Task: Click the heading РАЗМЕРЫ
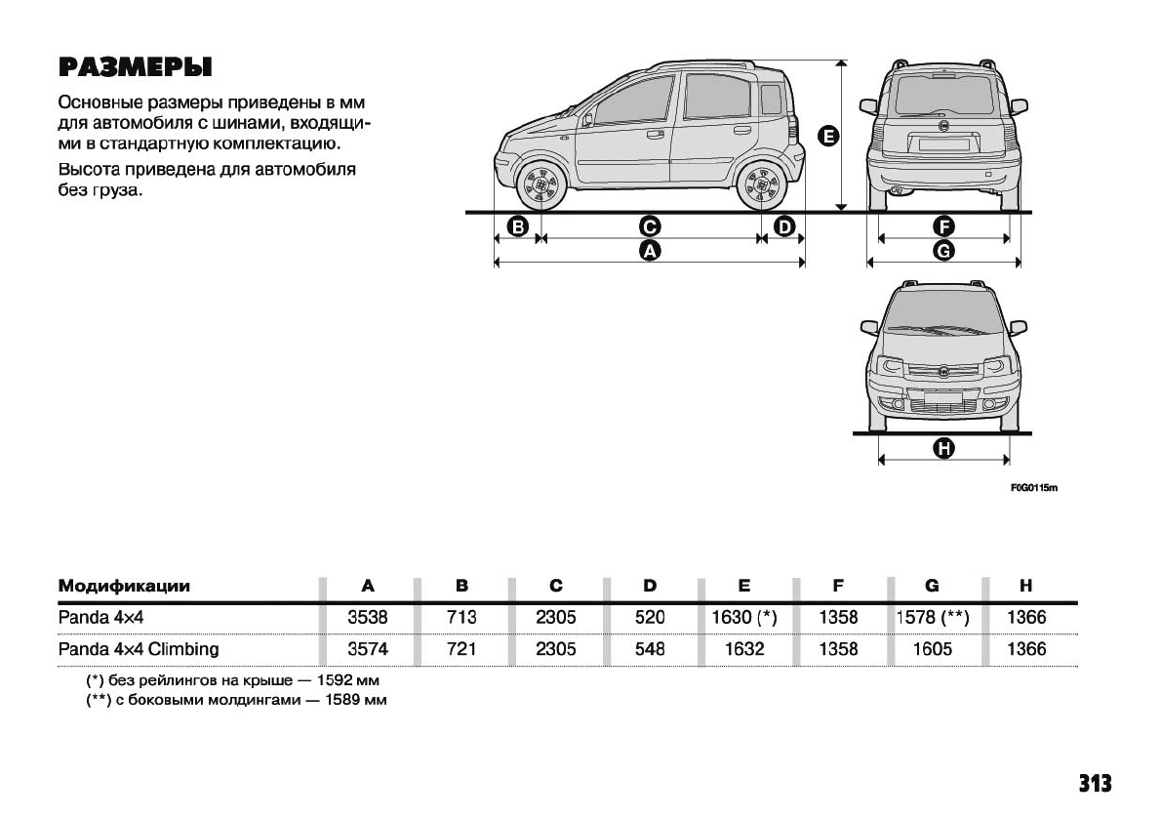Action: pos(136,67)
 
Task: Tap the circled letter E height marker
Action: pos(828,137)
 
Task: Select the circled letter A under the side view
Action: pos(649,251)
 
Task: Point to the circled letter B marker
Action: pos(518,227)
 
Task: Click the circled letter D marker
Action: pos(783,227)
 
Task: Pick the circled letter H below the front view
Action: pos(943,449)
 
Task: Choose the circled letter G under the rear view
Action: pos(943,251)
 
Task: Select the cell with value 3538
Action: pos(367,617)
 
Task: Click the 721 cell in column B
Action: pos(461,649)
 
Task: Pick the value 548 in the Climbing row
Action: pos(649,649)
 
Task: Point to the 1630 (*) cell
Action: pos(743,617)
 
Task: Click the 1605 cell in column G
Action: pos(931,649)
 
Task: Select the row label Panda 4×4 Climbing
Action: pos(139,649)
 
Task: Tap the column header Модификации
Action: pos(124,587)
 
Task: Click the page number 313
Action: pos(1095,784)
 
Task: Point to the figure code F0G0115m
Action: pos(1034,487)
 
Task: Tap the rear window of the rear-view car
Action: pos(943,96)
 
